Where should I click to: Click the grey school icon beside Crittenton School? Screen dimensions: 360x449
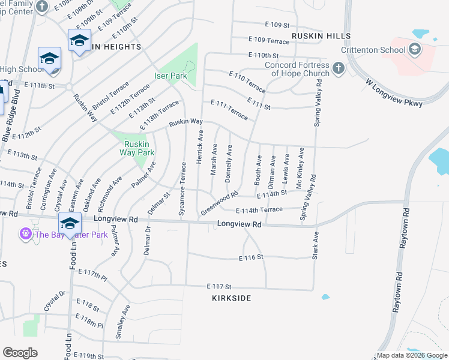pyautogui.click(x=414, y=49)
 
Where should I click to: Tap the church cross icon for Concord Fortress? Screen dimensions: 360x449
pyautogui.click(x=339, y=68)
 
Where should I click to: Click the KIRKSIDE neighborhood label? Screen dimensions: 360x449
pyautogui.click(x=231, y=298)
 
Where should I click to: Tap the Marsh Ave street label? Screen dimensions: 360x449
pyautogui.click(x=214, y=159)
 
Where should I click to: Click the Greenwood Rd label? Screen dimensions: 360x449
pyautogui.click(x=220, y=204)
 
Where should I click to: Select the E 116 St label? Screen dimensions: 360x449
pyautogui.click(x=252, y=257)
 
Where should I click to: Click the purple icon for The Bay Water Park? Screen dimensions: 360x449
pyautogui.click(x=25, y=233)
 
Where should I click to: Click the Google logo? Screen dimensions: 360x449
pyautogui.click(x=20, y=352)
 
